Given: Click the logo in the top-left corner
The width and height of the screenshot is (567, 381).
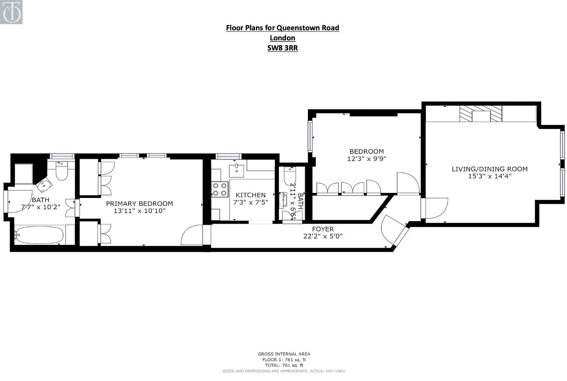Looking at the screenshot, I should (11, 12).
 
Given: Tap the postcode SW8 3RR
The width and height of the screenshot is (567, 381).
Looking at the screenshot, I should (282, 48).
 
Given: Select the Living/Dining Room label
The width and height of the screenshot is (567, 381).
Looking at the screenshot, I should (489, 169).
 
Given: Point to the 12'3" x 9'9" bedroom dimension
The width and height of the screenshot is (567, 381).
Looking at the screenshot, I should (366, 159).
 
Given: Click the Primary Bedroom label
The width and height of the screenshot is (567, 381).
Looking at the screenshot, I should (139, 204).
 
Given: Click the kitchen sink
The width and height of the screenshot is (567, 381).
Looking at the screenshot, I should (237, 170).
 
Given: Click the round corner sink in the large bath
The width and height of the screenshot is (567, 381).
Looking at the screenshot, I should (44, 185).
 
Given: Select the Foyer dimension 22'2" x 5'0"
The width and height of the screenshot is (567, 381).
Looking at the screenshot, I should (323, 236).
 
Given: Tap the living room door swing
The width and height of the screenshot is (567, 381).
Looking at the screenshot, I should (437, 208).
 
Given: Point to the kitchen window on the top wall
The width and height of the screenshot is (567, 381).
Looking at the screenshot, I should (228, 156).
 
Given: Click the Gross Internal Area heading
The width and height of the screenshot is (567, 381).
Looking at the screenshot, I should (284, 354).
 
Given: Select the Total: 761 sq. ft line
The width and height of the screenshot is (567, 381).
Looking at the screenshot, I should (284, 365).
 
